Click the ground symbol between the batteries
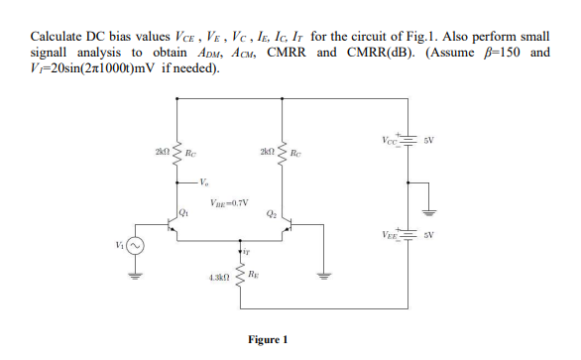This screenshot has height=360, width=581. (x=428, y=210)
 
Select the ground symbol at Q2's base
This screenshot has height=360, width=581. (x=320, y=275)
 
